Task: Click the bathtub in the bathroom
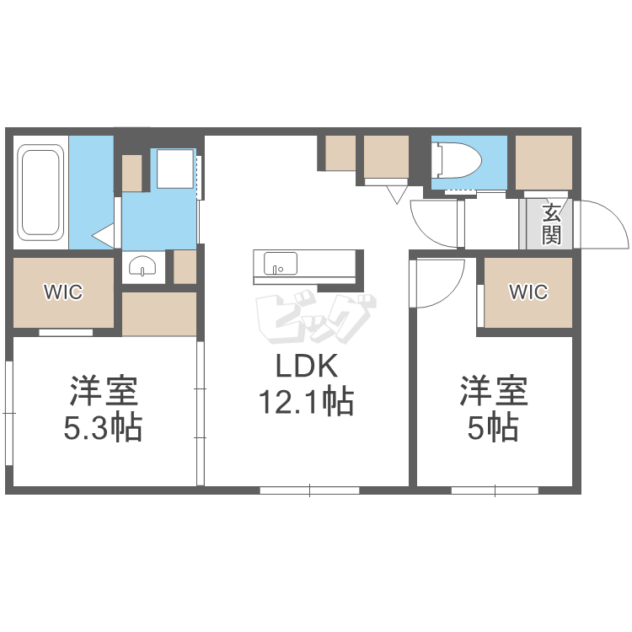40,192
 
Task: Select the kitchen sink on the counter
280,264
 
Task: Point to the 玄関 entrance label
551,223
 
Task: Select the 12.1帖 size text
305,401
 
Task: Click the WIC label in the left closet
63,292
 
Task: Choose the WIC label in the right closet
528,292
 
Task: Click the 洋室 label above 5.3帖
103,392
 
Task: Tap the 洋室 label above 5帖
493,392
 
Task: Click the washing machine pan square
174,169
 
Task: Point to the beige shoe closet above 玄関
544,162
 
